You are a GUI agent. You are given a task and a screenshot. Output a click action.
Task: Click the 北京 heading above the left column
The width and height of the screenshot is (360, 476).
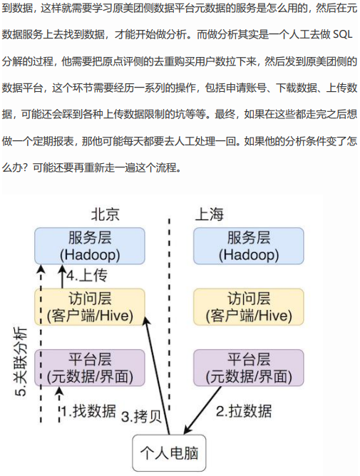point(105,214)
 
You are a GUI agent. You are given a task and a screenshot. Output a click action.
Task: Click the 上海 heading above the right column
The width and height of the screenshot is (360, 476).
point(210,214)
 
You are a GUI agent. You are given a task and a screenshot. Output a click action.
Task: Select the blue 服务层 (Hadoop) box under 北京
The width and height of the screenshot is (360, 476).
point(90,246)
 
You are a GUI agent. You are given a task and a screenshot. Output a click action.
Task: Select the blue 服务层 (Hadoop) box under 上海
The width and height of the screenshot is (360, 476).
point(249,246)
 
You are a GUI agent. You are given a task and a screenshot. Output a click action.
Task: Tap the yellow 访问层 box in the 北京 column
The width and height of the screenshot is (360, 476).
point(90,307)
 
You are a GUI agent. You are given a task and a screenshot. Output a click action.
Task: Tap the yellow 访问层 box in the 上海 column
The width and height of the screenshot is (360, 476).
point(249,307)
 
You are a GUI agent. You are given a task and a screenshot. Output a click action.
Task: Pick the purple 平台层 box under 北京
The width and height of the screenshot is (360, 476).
point(90,368)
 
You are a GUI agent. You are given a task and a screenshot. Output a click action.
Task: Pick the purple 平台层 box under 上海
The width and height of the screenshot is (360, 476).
point(249,368)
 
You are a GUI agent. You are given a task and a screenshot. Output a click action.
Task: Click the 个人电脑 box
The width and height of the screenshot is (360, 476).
point(169,453)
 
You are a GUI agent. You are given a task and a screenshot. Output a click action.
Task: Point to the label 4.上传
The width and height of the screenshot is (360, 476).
point(87,276)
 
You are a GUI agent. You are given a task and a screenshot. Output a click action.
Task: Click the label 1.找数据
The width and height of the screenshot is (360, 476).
point(88,411)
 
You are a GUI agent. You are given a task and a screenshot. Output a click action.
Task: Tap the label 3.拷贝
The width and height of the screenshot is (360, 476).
point(141,416)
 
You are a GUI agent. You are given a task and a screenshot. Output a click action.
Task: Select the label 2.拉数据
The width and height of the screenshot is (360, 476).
point(244,411)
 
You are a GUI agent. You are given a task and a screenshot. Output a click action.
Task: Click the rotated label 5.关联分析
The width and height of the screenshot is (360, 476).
point(21,362)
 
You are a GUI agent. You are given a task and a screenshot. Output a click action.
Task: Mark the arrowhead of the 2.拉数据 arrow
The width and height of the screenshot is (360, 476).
point(187,430)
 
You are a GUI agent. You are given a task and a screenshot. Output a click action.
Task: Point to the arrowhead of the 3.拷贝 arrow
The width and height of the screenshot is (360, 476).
point(146,320)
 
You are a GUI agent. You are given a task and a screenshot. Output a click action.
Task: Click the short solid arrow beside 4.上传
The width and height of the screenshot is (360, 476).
point(62,276)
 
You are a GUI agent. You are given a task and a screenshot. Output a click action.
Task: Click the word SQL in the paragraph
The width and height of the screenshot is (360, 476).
point(342,34)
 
